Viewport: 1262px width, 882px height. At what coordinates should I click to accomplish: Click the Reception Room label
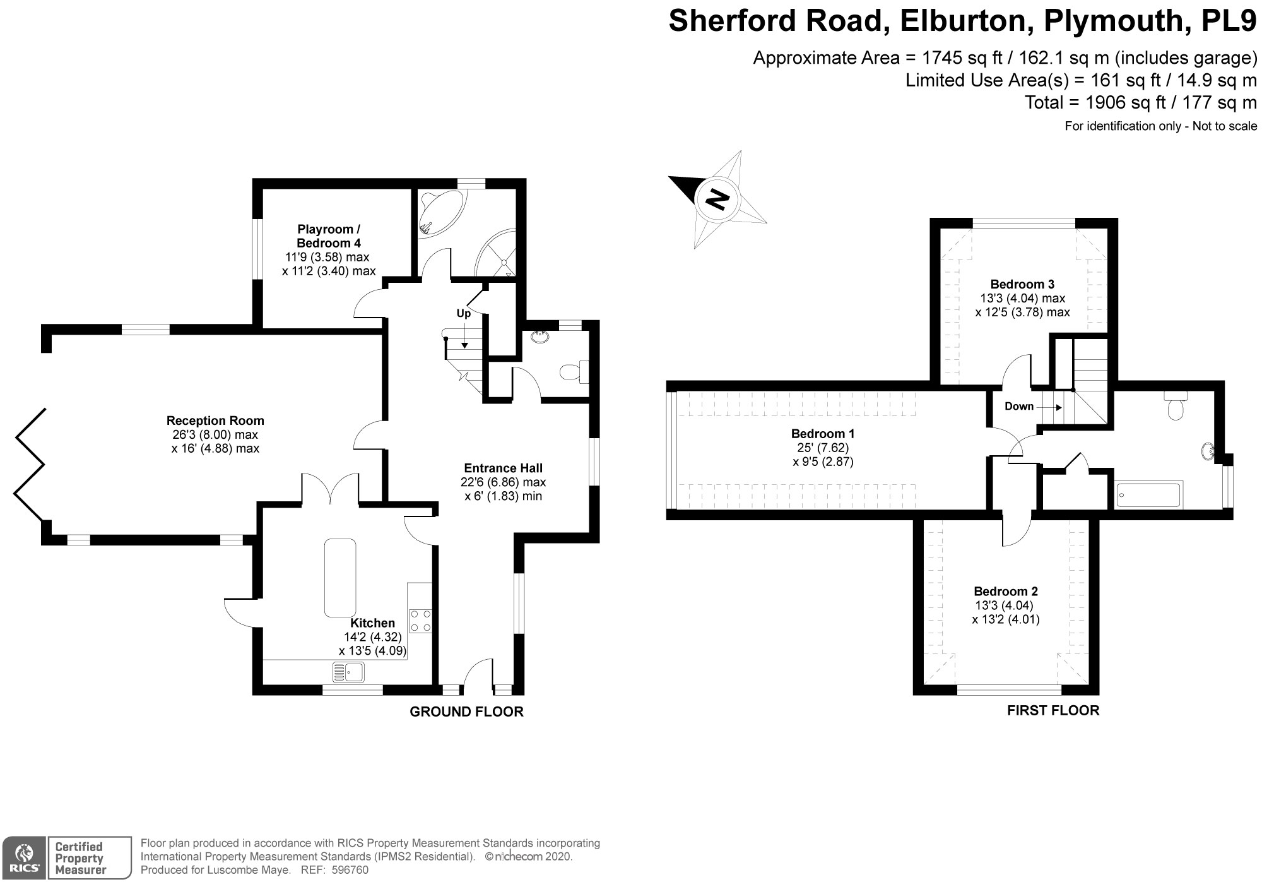point(215,420)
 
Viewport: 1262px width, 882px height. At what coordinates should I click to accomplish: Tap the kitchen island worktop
point(340,578)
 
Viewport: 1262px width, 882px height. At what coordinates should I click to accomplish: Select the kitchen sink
point(348,672)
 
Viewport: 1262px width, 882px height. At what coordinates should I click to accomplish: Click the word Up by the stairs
point(464,313)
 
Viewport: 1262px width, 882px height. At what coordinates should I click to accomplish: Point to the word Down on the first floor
point(1019,406)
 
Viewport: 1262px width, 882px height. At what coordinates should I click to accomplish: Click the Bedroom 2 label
point(1006,592)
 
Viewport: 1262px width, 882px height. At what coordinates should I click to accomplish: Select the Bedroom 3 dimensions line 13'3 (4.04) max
point(1022,298)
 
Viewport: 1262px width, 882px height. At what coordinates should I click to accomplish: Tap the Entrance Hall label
point(503,468)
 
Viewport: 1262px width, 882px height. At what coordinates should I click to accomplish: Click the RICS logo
point(24,857)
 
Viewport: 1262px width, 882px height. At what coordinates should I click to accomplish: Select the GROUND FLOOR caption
point(466,712)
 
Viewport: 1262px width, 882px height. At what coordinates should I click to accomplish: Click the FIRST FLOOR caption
point(1053,710)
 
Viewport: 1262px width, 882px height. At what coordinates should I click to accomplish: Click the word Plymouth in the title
point(1113,20)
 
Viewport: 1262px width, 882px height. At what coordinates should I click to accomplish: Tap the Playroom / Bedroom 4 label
point(329,236)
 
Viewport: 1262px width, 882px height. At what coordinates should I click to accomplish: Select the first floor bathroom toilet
point(1176,407)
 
